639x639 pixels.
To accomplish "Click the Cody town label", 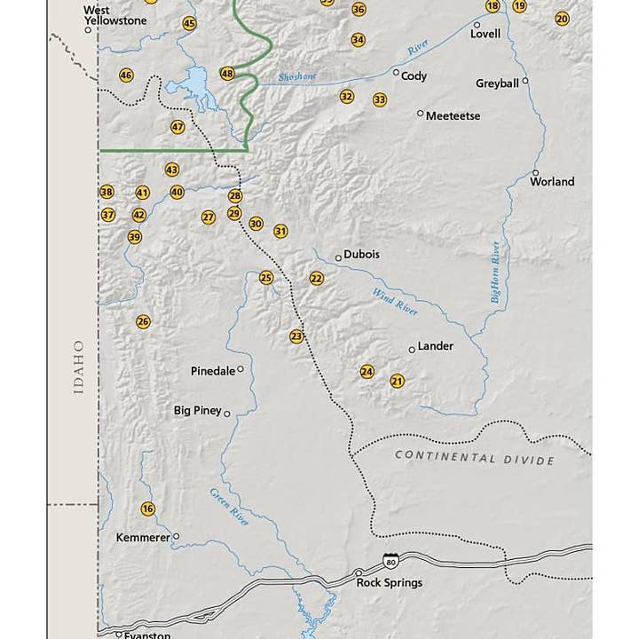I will point(414,76).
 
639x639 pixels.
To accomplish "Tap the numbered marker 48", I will point(228,74).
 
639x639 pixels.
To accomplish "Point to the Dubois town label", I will point(361,254).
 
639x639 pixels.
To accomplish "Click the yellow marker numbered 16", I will point(147,509).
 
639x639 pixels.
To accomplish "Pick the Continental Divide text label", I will point(474,458).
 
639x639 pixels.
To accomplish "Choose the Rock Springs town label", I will point(389,583).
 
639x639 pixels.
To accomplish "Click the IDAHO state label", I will point(79,367).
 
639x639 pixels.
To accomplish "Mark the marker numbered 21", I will point(397,381).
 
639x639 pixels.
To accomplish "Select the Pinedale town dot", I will point(240,369).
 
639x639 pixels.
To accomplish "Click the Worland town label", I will point(552,182).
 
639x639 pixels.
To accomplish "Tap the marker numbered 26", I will point(143,321).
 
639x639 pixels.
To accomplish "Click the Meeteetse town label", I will point(453,116).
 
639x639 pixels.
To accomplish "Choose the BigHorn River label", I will point(496,272).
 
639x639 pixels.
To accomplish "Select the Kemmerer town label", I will point(143,538).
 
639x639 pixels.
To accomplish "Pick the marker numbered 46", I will point(126,75).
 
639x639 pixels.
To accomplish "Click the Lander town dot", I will point(412,349).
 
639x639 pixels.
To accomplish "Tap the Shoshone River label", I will point(296,77).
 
